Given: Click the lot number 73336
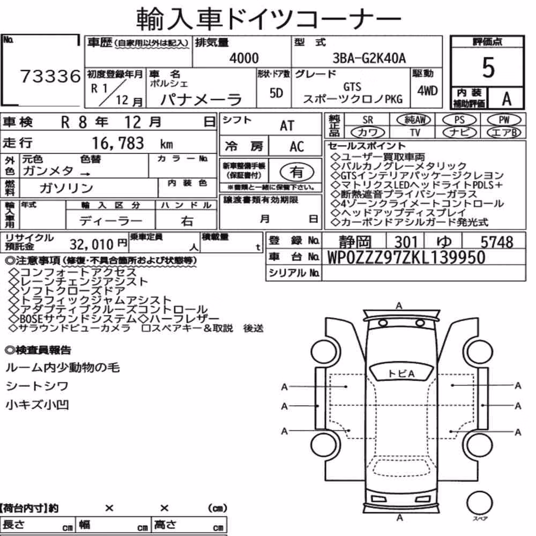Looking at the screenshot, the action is [50, 76].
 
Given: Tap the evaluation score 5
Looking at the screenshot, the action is [488, 68].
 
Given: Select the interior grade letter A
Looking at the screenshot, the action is [507, 99].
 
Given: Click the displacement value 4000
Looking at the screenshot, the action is [244, 58].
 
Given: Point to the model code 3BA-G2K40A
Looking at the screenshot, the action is [369, 58].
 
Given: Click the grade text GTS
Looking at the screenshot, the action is [353, 87].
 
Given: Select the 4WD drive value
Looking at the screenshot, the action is [427, 91].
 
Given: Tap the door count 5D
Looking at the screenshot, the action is [276, 93].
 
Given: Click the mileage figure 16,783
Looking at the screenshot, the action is [118, 143].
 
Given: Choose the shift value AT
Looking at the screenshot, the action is [287, 126].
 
